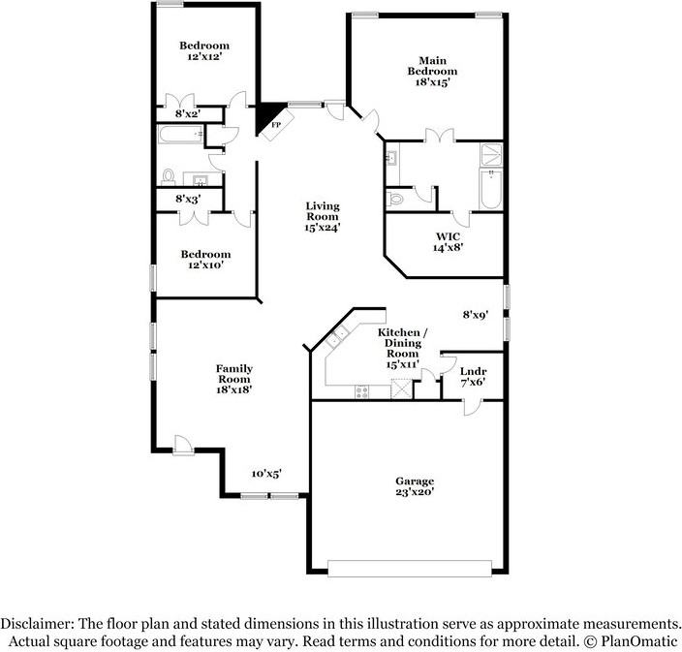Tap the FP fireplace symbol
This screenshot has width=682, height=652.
click(x=275, y=125)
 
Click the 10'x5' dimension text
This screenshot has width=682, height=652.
click(x=266, y=474)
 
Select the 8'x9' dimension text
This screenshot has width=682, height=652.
click(x=475, y=314)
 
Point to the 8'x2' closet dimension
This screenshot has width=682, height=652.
click(x=187, y=113)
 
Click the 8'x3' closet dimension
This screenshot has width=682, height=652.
click(x=187, y=199)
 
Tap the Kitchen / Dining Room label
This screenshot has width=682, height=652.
click(x=402, y=348)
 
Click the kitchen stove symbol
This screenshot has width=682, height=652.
click(x=362, y=392)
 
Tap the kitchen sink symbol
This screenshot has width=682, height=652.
click(x=339, y=338)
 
